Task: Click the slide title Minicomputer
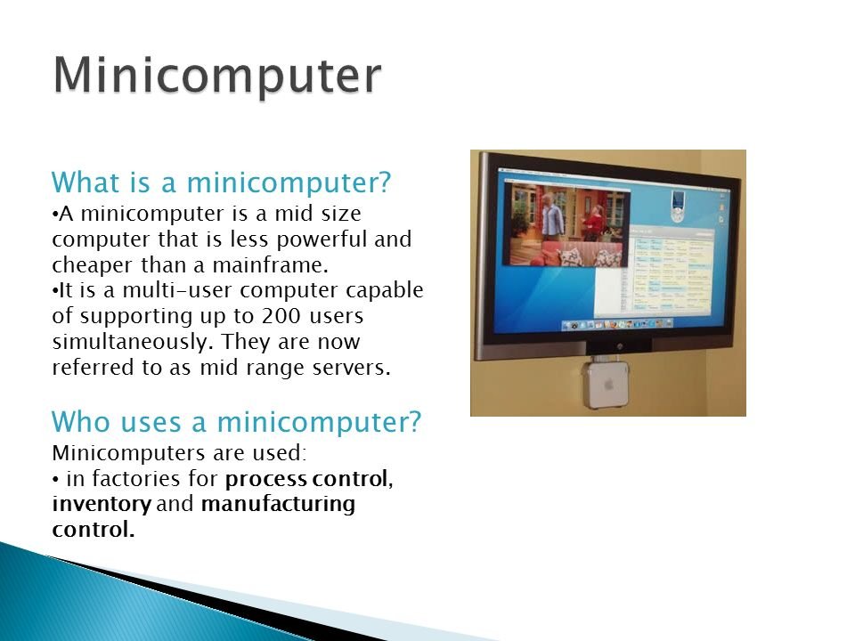pyautogui.click(x=217, y=76)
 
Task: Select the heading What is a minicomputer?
pyautogui.click(x=222, y=182)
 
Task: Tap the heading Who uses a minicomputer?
pyautogui.click(x=237, y=422)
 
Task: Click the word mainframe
pyautogui.click(x=271, y=265)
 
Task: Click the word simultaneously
pyautogui.click(x=130, y=342)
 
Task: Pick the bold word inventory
pyautogui.click(x=102, y=504)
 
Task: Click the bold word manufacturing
pyautogui.click(x=278, y=504)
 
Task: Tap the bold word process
pyautogui.click(x=266, y=480)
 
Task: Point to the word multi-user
pyautogui.click(x=178, y=290)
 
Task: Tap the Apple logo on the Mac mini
pyautogui.click(x=608, y=385)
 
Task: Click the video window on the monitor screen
pyautogui.click(x=567, y=224)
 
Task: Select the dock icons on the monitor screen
pyautogui.click(x=617, y=324)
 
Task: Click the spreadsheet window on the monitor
pyautogui.click(x=672, y=271)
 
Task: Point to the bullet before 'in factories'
pyautogui.click(x=55, y=480)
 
